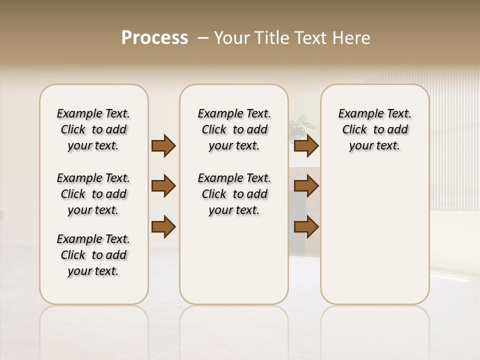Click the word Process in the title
point(154,38)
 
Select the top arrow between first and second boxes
point(163,146)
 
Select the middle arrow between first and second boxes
point(163,186)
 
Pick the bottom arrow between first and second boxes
point(163,226)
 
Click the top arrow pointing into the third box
point(306,146)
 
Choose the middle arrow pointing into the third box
point(306,186)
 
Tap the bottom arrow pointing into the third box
point(306,226)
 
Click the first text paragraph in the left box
point(93,129)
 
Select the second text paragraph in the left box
point(93,194)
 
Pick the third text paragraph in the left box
point(93,255)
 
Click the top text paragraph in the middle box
point(234,129)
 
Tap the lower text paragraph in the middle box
point(234,194)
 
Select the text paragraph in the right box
point(374,129)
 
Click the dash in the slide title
point(203,38)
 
